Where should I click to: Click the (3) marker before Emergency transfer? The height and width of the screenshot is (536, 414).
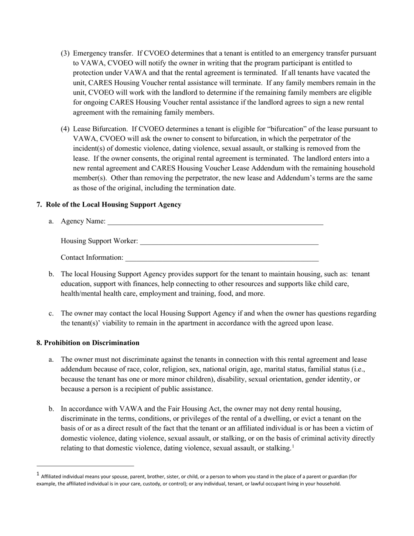pyautogui.click(x=65, y=54)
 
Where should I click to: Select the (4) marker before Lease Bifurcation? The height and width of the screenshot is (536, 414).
pyautogui.click(x=65, y=129)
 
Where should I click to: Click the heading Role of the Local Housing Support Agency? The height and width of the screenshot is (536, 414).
pyautogui.click(x=113, y=205)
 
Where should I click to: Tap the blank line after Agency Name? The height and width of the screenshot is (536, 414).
pyautogui.click(x=215, y=222)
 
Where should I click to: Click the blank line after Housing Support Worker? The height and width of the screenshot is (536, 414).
pyautogui.click(x=229, y=241)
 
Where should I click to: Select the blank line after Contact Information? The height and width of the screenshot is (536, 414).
pyautogui.click(x=222, y=258)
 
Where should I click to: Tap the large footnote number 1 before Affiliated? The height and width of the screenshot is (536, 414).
pyautogui.click(x=38, y=475)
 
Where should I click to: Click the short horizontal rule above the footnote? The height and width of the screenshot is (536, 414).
pyautogui.click(x=85, y=466)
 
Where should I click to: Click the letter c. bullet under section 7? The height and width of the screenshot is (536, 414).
pyautogui.click(x=51, y=314)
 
